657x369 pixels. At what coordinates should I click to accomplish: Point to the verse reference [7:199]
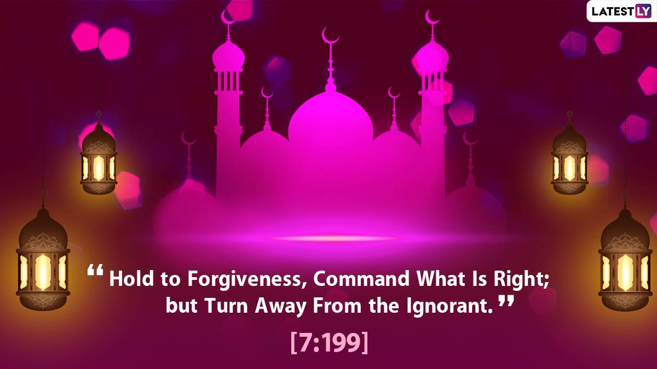[329, 343]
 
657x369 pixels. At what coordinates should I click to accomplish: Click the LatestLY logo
[621, 11]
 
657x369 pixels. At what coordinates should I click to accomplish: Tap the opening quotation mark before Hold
[95, 270]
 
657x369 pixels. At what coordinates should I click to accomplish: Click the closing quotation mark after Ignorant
[506, 301]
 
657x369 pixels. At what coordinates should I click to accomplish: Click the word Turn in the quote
[227, 306]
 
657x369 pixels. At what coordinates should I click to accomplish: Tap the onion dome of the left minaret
[228, 56]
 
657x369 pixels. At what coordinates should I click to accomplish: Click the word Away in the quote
[281, 307]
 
